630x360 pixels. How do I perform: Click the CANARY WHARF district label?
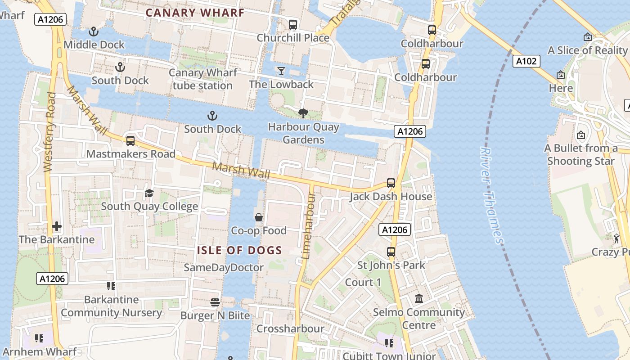[195, 13]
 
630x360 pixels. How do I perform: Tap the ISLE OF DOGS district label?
[239, 251]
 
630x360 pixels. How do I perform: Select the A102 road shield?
[526, 61]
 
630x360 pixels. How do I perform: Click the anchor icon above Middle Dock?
[94, 31]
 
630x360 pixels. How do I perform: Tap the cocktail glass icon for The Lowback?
[281, 71]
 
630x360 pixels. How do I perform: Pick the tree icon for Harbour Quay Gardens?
[303, 113]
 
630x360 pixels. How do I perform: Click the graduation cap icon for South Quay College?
[149, 193]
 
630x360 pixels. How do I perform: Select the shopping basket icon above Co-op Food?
[259, 218]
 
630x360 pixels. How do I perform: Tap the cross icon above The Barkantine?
[57, 226]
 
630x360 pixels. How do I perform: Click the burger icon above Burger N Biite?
[215, 302]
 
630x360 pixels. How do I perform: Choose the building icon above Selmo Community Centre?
[419, 299]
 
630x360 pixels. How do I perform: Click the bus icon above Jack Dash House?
[391, 183]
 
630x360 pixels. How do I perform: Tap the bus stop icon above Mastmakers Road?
[130, 141]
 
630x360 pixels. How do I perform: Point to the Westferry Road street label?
[49, 132]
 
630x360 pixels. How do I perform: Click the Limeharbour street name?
[308, 226]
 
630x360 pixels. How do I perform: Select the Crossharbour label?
[290, 328]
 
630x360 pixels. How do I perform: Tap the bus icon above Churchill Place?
[293, 24]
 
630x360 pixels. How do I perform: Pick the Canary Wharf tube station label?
[202, 79]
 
